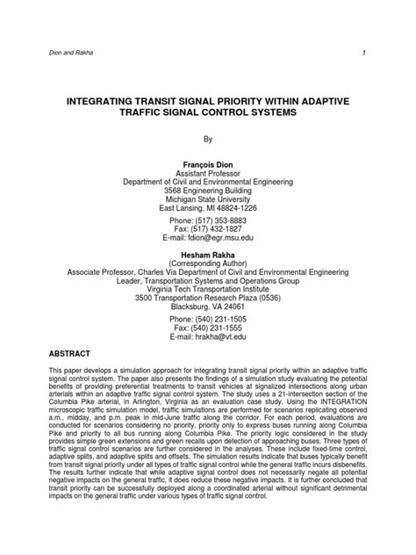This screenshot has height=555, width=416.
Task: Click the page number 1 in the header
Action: coord(386,54)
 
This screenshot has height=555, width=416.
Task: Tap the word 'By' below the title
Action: coord(208,138)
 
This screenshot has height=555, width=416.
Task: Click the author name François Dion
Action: coord(209,164)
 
